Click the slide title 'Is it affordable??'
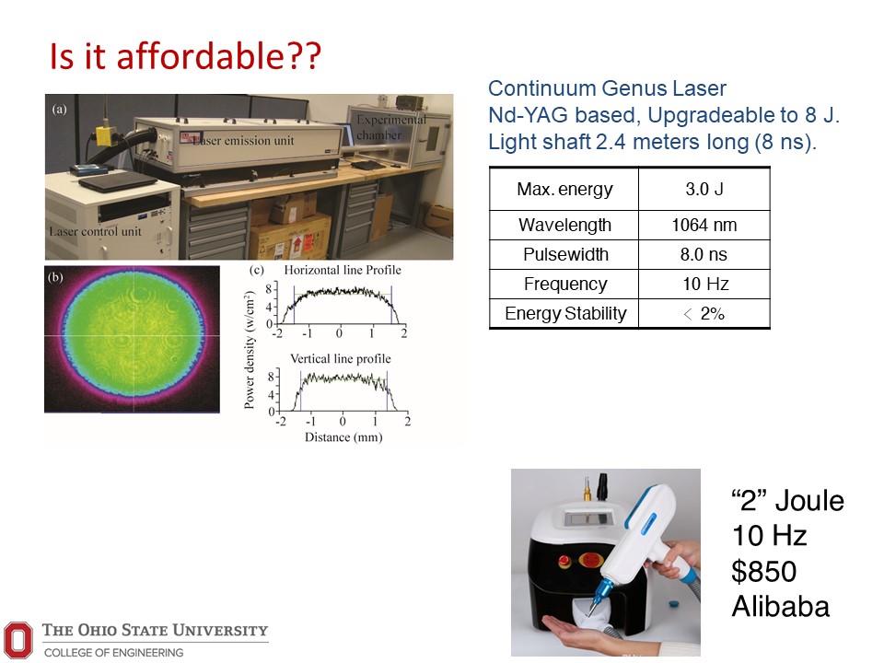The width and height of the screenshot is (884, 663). click(x=185, y=56)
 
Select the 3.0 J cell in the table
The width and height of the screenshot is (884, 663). click(x=704, y=189)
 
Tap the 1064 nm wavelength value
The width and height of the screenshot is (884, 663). click(x=704, y=225)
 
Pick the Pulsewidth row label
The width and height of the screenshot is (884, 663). click(x=565, y=254)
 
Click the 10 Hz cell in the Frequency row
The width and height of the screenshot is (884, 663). click(x=705, y=284)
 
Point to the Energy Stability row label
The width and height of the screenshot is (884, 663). click(x=565, y=313)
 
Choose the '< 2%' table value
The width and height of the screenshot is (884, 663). click(x=704, y=313)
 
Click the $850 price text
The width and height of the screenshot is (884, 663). click(x=764, y=571)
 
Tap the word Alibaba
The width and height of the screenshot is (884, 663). click(x=780, y=607)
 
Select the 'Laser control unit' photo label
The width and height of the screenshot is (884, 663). click(x=95, y=231)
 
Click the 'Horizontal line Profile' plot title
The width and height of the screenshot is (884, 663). click(x=343, y=270)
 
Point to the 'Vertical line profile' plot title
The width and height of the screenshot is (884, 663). click(x=340, y=358)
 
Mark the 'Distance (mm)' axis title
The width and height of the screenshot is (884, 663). click(x=343, y=436)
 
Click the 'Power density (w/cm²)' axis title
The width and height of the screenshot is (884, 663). click(x=250, y=351)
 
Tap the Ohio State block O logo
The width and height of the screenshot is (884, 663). click(x=17, y=640)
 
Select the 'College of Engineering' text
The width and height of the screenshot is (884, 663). click(x=113, y=652)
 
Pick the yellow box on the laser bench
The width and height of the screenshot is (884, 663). click(x=105, y=135)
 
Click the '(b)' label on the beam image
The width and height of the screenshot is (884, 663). click(x=55, y=277)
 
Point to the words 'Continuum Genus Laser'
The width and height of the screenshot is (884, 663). click(x=607, y=88)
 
